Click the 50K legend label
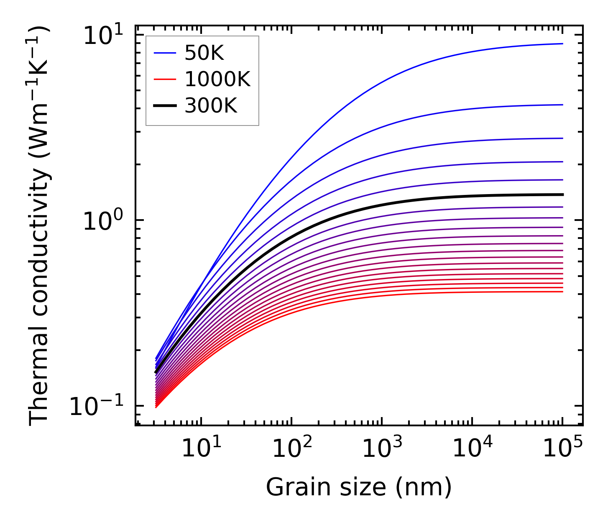point(204,53)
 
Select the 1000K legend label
point(217,79)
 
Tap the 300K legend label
point(210,106)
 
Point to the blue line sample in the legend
point(165,53)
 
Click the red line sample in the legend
point(165,79)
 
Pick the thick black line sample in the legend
point(165,106)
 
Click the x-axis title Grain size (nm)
point(359,487)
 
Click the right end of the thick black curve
point(562,195)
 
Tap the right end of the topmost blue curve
point(562,44)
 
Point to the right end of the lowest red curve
point(562,292)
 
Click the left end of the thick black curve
point(156,372)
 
